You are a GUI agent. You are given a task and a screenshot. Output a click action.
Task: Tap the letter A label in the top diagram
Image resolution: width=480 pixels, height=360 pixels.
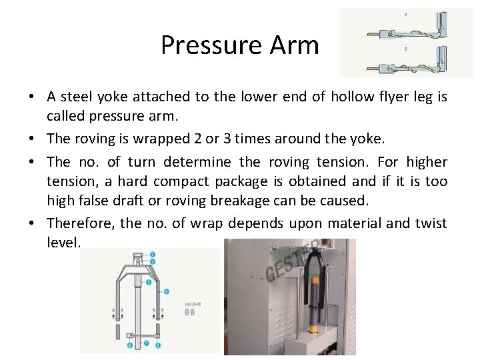point(407,15)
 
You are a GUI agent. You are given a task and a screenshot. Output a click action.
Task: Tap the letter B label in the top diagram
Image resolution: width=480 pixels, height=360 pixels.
point(407,49)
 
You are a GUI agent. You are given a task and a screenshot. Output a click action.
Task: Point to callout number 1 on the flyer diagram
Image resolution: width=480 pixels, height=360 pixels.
point(152,254)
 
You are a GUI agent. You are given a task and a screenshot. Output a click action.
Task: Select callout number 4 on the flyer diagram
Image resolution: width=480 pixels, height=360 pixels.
point(166,291)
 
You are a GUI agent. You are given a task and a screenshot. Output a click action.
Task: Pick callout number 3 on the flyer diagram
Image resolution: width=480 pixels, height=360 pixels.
point(148,282)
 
